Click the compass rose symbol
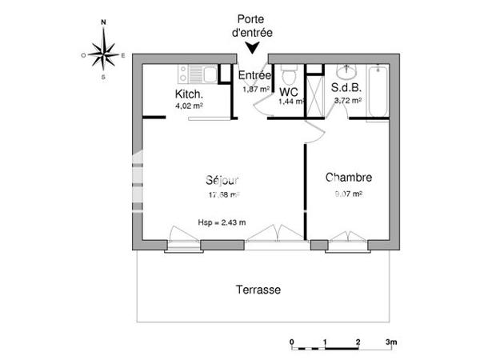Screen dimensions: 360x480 click(104, 54)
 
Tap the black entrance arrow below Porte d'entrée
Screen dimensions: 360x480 click(253, 48)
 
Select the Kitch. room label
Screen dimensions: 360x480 click(189, 94)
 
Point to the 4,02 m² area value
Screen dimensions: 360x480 click(189, 105)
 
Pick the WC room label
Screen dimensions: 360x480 click(288, 92)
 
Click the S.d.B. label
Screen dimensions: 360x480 click(346, 90)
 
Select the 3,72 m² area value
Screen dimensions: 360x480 click(346, 102)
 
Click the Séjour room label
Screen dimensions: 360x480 click(222, 180)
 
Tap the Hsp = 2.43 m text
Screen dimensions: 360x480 click(222, 222)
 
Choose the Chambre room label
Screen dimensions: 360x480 click(348, 178)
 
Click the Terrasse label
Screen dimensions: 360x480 click(258, 290)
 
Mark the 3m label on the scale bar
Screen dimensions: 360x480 click(391, 342)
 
